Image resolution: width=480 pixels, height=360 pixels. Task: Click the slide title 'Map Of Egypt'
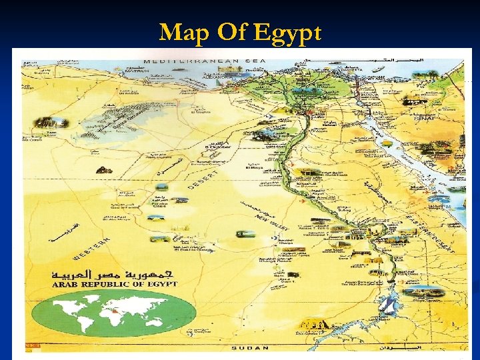tap(240, 31)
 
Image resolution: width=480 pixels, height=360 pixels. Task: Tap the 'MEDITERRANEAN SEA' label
tap(211, 61)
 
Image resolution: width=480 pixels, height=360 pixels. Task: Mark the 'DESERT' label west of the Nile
tap(204, 177)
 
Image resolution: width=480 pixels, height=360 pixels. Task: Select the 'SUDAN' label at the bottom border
tap(250, 348)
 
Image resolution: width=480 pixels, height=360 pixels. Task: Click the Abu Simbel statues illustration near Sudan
tap(313, 326)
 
